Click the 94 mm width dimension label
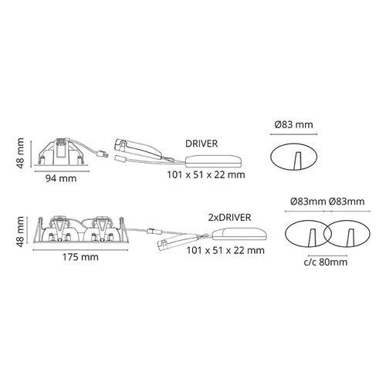click(61, 178)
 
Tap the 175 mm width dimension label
click(80, 257)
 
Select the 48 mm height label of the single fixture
click(20, 153)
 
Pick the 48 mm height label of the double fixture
click(20, 232)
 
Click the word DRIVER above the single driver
click(201, 144)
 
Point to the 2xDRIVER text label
click(229, 218)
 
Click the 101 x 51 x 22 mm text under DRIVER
click(206, 175)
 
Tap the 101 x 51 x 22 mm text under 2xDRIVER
click(225, 250)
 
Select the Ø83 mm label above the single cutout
click(293, 125)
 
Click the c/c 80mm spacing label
click(326, 262)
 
